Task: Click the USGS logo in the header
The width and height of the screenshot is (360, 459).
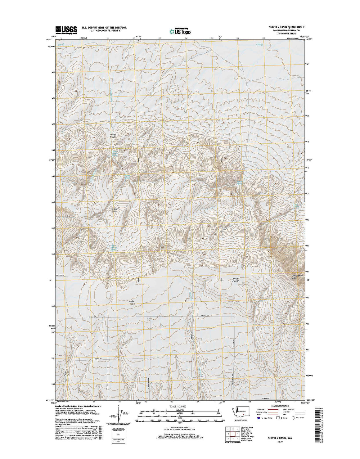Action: [66, 29]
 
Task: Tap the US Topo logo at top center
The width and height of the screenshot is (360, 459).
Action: [180, 31]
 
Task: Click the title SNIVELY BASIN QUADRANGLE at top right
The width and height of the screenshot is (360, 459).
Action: [284, 27]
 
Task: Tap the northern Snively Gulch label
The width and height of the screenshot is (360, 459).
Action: [113, 135]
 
